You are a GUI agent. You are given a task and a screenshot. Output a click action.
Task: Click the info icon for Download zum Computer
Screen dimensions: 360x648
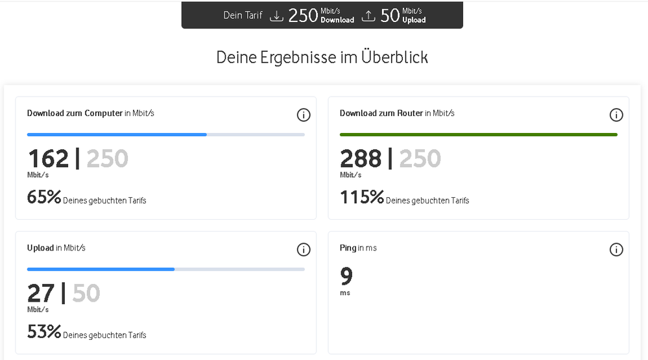303,115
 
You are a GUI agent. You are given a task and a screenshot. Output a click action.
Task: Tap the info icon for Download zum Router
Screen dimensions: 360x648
616,115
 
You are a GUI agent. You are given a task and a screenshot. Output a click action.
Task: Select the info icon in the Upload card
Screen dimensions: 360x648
303,250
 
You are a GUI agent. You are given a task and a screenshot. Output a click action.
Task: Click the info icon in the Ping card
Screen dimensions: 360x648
616,250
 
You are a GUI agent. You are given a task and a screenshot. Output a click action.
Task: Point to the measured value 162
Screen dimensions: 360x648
48,159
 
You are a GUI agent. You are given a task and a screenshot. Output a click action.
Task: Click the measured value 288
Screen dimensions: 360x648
361,159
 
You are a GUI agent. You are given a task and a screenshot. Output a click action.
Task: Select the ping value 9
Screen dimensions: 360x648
346,277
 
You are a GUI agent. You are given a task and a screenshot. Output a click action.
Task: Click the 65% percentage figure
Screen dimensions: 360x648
44,197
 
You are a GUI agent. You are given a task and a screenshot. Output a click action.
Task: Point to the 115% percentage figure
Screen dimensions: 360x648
362,197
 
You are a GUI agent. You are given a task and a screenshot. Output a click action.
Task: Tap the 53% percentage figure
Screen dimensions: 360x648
44,332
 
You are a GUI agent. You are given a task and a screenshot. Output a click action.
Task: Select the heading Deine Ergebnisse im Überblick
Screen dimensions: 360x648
322,57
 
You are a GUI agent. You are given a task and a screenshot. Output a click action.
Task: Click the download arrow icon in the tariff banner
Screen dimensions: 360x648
277,16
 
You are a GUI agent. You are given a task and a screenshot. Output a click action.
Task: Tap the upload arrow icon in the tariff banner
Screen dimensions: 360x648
368,16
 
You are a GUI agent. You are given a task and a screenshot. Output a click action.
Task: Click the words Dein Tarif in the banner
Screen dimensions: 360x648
243,16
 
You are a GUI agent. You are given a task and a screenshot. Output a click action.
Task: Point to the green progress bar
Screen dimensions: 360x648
478,134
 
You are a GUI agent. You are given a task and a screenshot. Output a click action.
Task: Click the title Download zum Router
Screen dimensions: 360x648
381,114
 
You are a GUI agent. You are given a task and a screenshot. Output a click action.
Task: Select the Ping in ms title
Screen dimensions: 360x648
358,248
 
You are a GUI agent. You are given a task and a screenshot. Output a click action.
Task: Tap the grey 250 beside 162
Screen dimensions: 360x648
107,159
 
